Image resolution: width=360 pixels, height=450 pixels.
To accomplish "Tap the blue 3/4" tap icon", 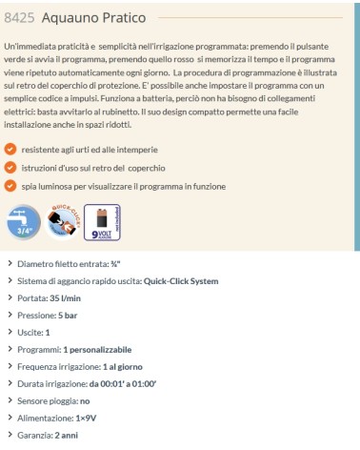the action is pyautogui.click(x=21, y=220).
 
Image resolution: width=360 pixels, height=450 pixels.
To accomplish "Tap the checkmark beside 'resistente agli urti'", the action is pyautogui.click(x=10, y=150).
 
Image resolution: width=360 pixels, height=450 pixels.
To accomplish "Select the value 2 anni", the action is pyautogui.click(x=67, y=434).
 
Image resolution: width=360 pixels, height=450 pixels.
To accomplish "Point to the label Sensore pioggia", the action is pyautogui.click(x=50, y=399).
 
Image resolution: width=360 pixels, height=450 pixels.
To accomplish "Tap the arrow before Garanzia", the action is pyautogui.click(x=8, y=434).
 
